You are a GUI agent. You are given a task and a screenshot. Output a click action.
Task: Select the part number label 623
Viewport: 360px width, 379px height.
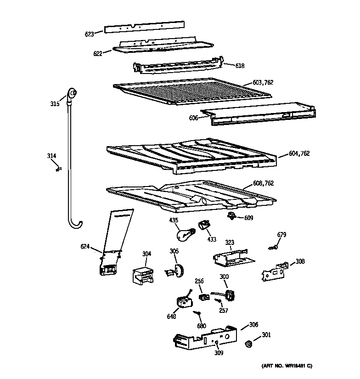click(89, 33)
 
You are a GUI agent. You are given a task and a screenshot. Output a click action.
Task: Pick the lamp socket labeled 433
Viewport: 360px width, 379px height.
click(204, 225)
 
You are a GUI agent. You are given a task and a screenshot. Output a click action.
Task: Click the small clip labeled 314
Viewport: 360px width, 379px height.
click(58, 169)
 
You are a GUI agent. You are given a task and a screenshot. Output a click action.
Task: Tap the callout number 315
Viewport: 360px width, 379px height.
click(55, 104)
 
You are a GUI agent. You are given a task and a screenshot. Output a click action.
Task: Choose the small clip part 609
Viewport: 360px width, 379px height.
click(233, 216)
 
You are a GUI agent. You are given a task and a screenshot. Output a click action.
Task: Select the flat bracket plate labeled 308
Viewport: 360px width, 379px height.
click(274, 272)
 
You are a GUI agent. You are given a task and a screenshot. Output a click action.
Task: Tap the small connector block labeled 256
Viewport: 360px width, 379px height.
click(202, 297)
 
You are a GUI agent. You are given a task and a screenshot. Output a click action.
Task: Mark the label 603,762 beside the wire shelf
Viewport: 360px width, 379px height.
click(263, 83)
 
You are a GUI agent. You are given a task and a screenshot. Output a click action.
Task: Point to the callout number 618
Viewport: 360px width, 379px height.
click(240, 66)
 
